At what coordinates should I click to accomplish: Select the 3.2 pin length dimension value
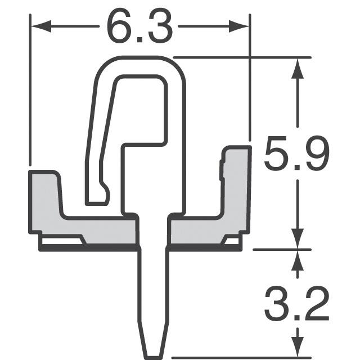(x=296, y=305)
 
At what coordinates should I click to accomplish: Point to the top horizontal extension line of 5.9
(x=242, y=57)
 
